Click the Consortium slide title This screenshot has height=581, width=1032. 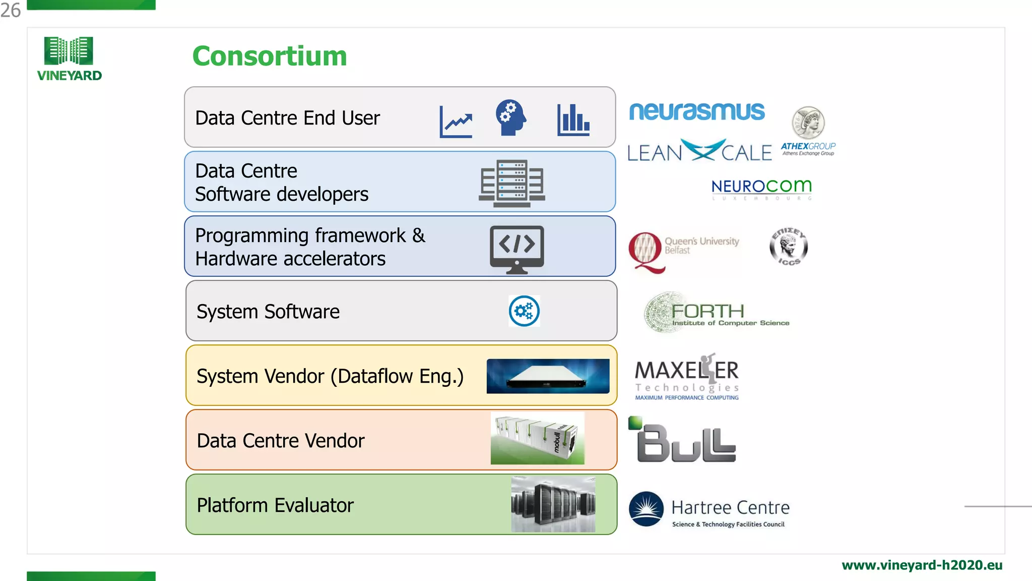(270, 55)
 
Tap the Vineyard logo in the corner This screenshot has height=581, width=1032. (69, 59)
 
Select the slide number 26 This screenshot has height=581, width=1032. (11, 10)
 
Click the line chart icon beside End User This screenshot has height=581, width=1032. (456, 122)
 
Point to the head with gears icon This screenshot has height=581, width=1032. (510, 117)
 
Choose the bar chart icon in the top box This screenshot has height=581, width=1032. (573, 120)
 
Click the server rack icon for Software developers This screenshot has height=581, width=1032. (511, 184)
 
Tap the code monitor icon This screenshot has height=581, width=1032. (517, 249)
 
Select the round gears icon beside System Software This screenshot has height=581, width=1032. (524, 311)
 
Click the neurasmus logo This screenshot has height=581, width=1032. (697, 111)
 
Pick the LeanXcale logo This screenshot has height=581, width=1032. (699, 151)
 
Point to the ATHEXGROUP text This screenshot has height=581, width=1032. (808, 146)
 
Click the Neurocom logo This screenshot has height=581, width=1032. (761, 187)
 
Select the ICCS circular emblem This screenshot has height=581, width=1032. (789, 247)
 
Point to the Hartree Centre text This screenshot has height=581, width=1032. (730, 507)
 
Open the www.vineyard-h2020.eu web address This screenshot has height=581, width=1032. (922, 565)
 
